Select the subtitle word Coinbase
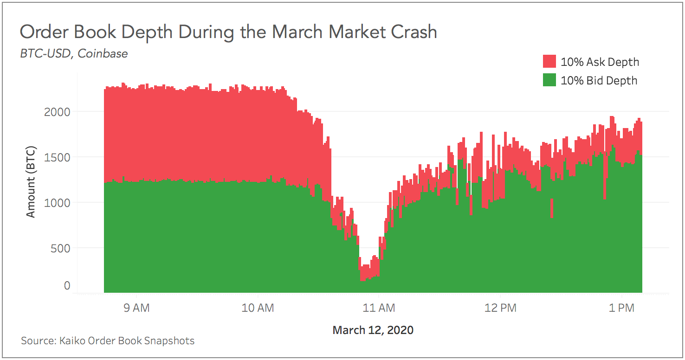click(x=103, y=54)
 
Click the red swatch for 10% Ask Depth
click(x=549, y=62)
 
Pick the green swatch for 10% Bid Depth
click(x=549, y=81)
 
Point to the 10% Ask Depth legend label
click(x=600, y=62)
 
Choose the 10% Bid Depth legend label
click(x=599, y=81)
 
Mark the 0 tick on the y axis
click(x=67, y=286)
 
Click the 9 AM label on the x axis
click(x=136, y=308)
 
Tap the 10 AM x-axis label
click(x=258, y=308)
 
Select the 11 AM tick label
click(x=379, y=308)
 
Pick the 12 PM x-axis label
click(x=500, y=308)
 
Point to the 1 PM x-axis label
click(x=621, y=308)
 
